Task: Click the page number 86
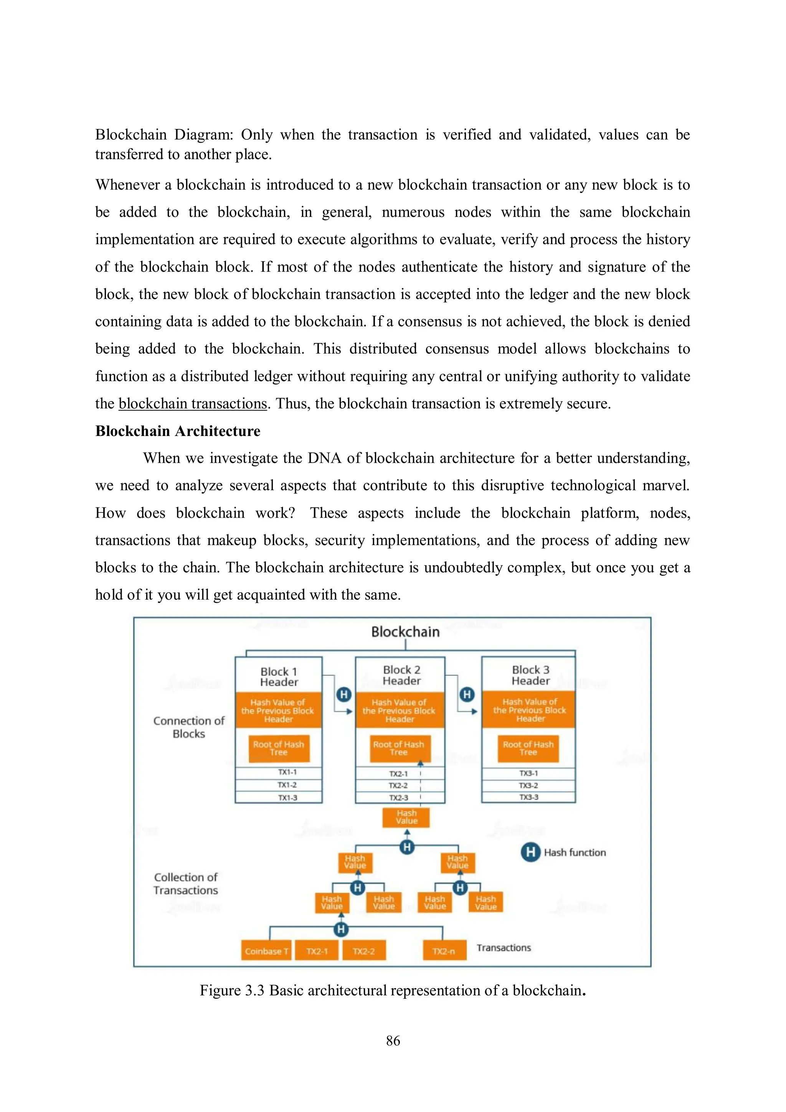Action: tap(393, 1040)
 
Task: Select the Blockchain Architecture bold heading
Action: tap(177, 431)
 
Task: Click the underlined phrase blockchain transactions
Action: tap(193, 403)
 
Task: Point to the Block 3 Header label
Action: tap(530, 675)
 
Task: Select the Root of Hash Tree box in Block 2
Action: tap(399, 748)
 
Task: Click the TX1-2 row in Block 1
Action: tap(287, 785)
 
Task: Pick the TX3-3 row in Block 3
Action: tap(528, 797)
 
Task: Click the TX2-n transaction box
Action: tap(444, 951)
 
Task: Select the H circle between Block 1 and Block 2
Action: tap(343, 694)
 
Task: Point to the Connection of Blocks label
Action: tap(189, 727)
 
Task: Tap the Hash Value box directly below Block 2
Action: tap(406, 817)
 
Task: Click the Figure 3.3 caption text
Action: tap(392, 990)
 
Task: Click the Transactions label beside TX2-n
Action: tap(504, 947)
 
